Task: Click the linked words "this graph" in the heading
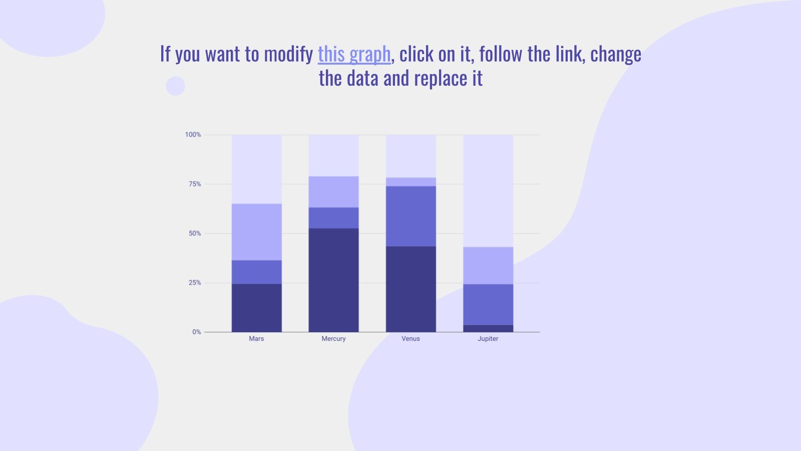(354, 54)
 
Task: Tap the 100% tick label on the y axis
(193, 135)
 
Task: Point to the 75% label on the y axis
(194, 184)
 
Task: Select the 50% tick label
(194, 234)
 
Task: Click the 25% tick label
(194, 283)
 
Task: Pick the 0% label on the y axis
(196, 332)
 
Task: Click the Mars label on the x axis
(256, 339)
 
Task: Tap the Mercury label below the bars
(333, 339)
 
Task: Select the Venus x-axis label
(411, 339)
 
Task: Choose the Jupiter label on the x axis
(488, 339)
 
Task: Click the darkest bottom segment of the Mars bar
(256, 308)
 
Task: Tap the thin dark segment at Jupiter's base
(488, 329)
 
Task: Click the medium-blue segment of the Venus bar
(411, 216)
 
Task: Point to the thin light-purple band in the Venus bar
(411, 182)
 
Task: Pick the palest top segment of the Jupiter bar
(488, 190)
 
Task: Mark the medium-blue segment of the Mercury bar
(333, 218)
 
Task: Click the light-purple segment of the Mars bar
(256, 232)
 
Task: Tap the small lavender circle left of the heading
(175, 86)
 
